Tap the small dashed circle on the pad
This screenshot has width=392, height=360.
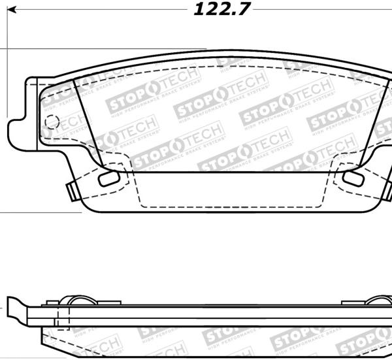pos(52,122)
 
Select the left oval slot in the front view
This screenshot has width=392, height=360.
pos(107,178)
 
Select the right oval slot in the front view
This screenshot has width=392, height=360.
pos(352,178)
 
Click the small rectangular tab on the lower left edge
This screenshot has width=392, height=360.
pos(69,190)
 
